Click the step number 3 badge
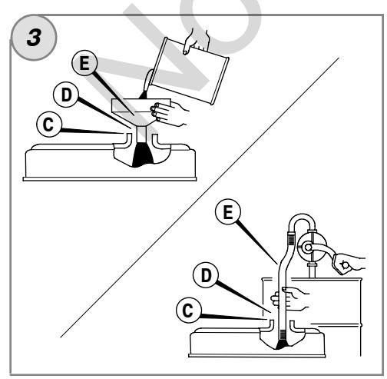[x=34, y=38]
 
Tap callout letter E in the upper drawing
[x=84, y=63]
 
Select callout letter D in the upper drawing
[x=66, y=95]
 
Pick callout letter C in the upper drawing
[x=49, y=125]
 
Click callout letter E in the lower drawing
[x=228, y=212]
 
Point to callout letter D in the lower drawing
[x=206, y=275]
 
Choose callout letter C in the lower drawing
[x=188, y=310]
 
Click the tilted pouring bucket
[x=189, y=71]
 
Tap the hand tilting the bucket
[x=197, y=41]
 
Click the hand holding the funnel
[x=169, y=113]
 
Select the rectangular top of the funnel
[x=141, y=105]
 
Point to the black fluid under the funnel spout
[x=143, y=155]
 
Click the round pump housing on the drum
[x=313, y=247]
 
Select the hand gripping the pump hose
[x=290, y=298]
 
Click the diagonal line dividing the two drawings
[x=200, y=198]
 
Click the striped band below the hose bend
[x=292, y=240]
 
